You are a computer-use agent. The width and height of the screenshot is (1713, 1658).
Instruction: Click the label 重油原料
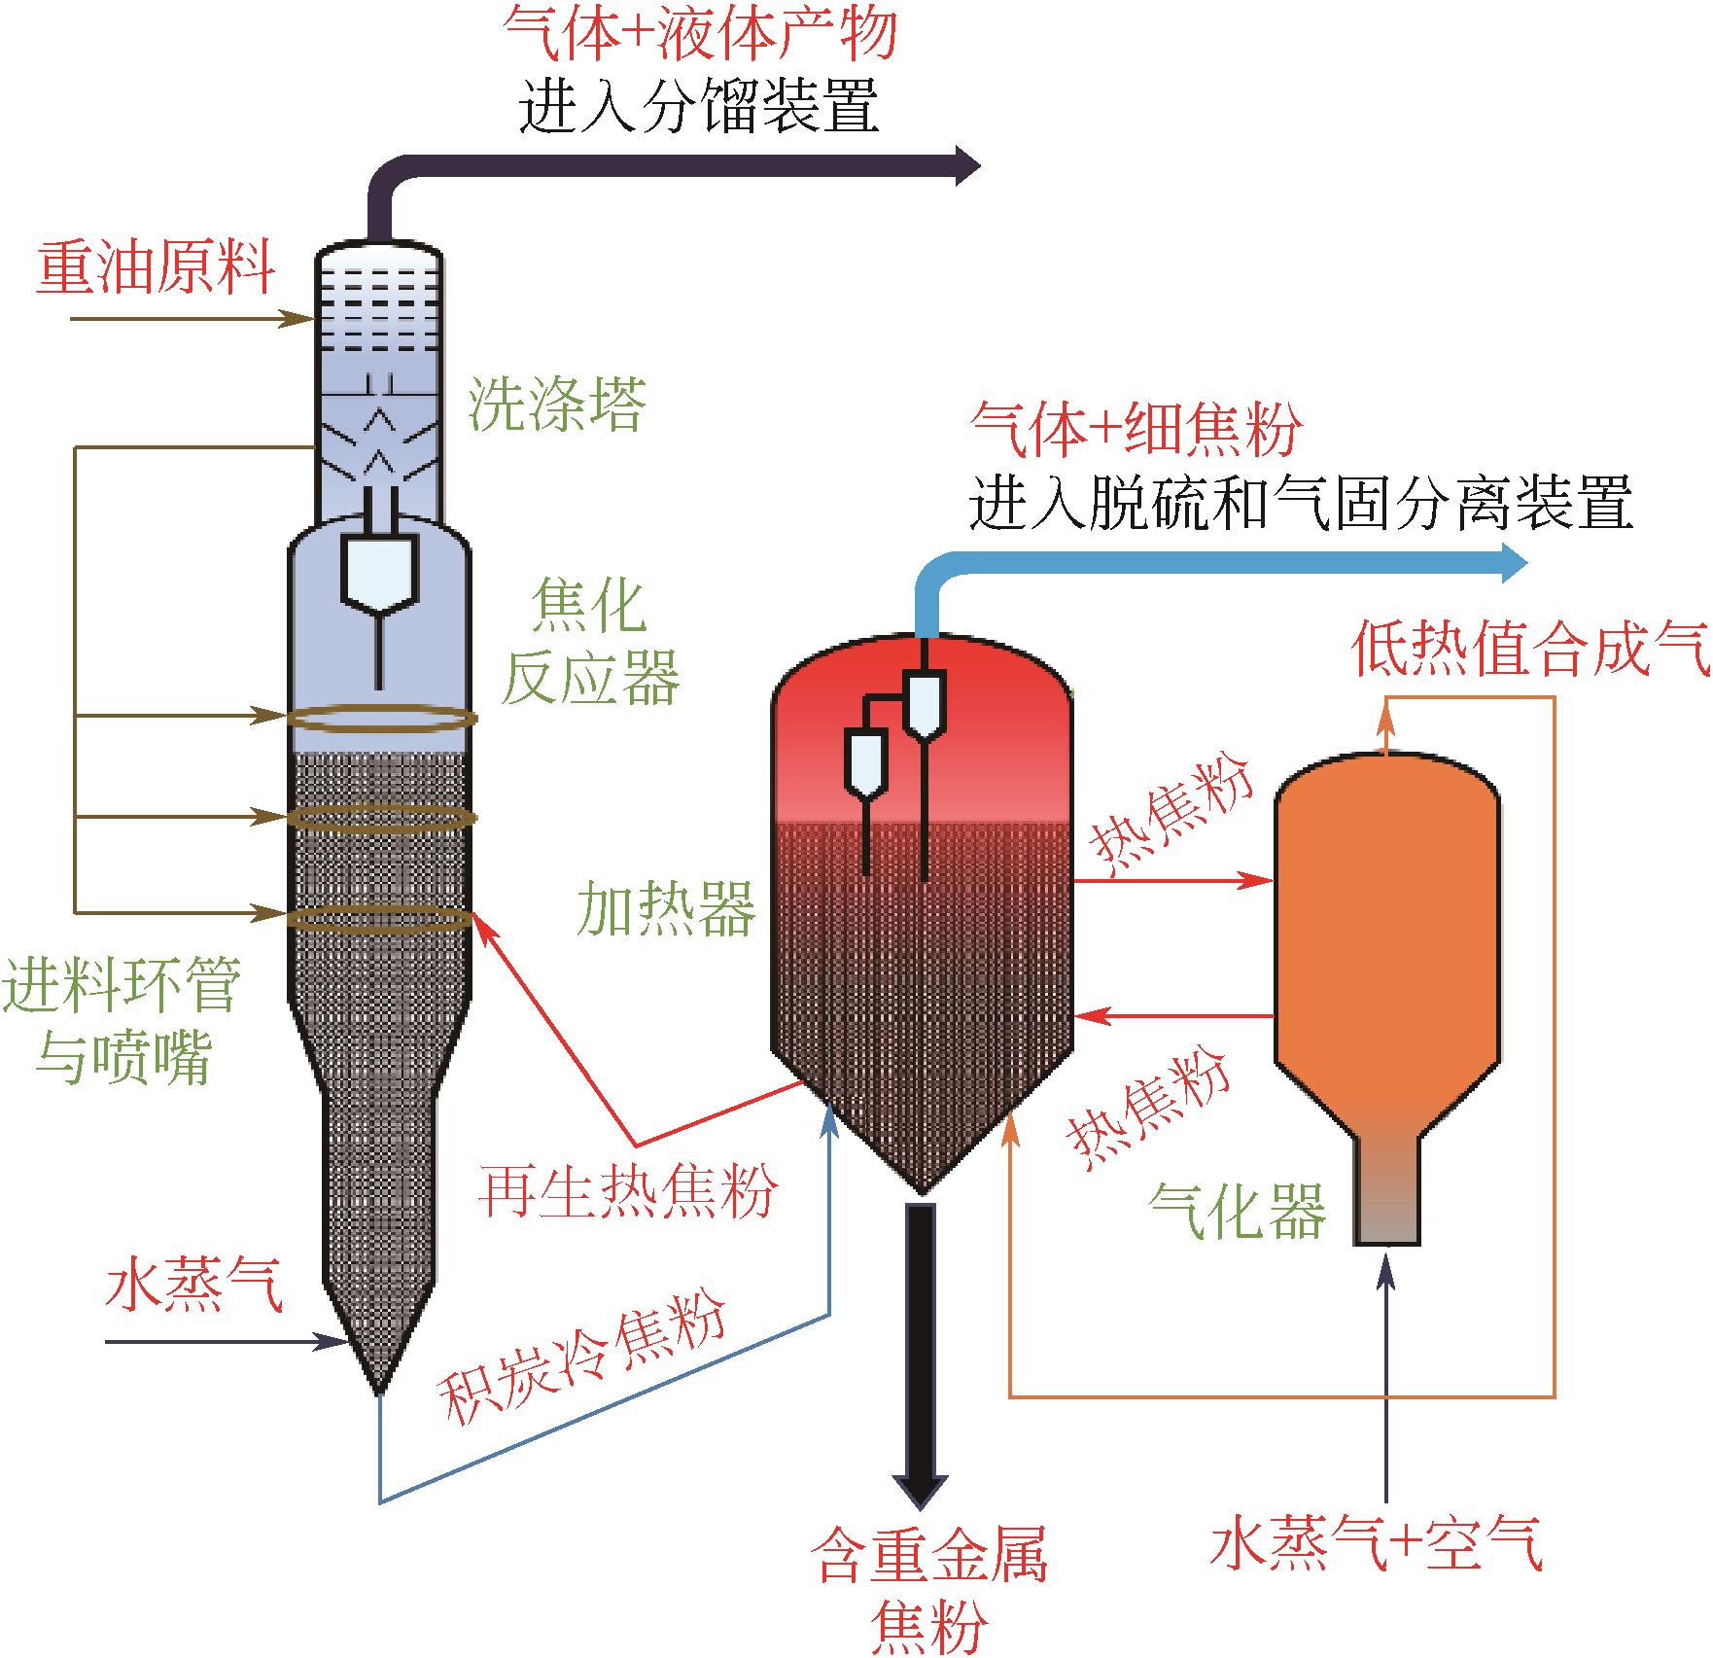click(156, 266)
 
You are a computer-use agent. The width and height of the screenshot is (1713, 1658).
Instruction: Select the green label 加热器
click(666, 908)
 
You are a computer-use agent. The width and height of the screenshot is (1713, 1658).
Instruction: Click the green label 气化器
click(1237, 1210)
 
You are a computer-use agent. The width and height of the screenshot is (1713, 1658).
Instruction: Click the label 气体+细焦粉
click(1136, 429)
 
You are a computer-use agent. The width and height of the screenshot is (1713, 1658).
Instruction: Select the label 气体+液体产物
click(700, 35)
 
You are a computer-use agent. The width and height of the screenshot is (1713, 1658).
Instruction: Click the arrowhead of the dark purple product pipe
click(968, 165)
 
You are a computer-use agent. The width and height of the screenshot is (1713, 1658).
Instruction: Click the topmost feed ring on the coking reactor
click(382, 719)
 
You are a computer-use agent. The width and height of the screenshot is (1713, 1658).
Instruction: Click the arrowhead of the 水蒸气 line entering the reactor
click(340, 1343)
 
